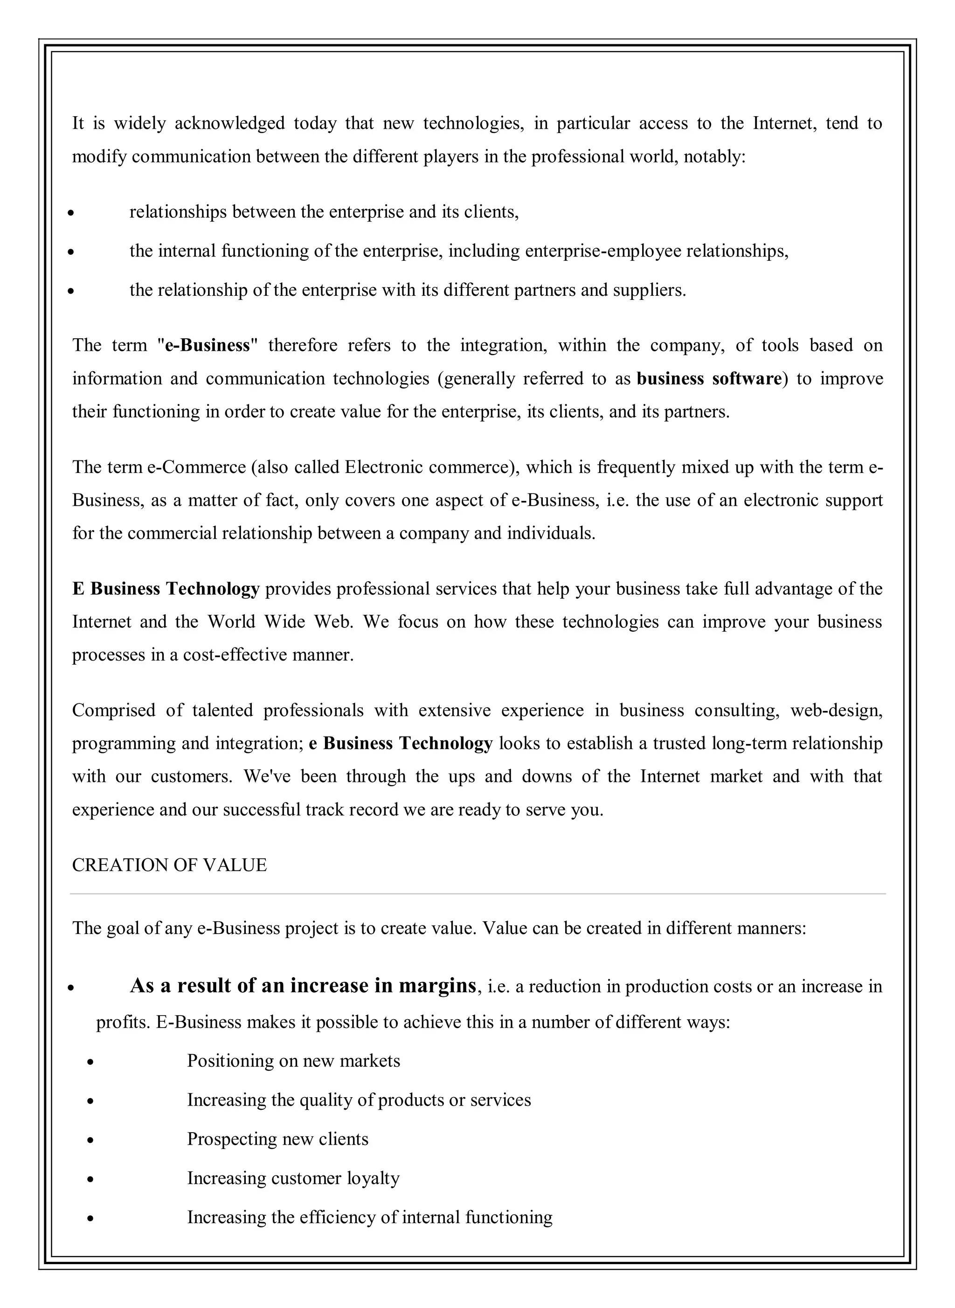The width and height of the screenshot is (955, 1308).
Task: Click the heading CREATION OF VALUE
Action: click(x=169, y=865)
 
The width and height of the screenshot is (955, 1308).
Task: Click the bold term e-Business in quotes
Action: click(x=208, y=345)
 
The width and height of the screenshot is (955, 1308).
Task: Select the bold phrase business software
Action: click(x=709, y=379)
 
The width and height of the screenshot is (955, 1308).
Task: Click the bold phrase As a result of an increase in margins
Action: click(x=303, y=985)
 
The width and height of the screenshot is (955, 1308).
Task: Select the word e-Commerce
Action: click(x=197, y=466)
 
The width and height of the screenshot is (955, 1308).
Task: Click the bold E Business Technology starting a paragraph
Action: click(x=166, y=589)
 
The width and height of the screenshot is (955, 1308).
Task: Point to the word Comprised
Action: click(x=114, y=710)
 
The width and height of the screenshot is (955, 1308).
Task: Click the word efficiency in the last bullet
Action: click(x=337, y=1217)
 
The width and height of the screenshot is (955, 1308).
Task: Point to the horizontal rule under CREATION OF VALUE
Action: click(x=477, y=894)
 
